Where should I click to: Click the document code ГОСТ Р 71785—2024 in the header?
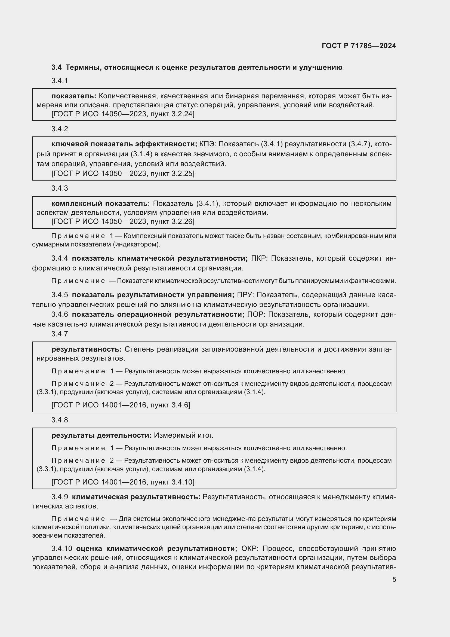359,46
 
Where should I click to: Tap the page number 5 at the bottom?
394,579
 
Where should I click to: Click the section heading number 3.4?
57,68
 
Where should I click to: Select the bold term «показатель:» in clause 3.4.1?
74,96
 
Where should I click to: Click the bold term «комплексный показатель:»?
100,204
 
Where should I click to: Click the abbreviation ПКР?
259,258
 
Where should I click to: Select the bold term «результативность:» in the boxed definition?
87,349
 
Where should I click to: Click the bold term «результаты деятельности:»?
101,435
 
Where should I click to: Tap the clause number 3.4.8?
60,420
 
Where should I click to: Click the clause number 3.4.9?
60,497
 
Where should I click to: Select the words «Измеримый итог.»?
183,435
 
